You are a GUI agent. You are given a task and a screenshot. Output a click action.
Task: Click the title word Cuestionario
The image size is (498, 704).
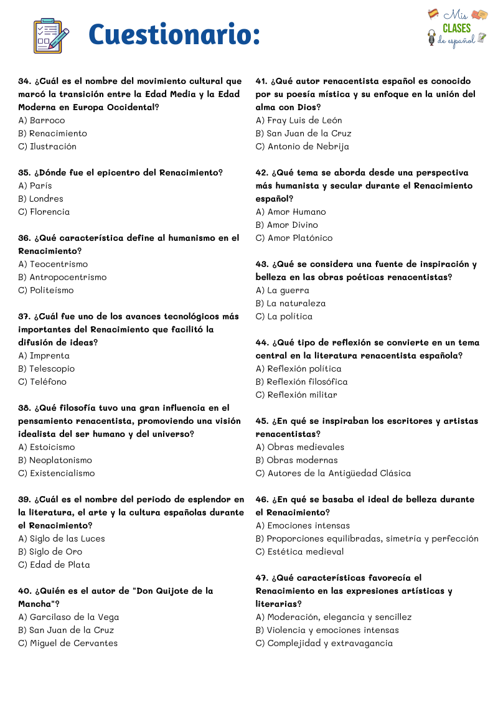[174, 34]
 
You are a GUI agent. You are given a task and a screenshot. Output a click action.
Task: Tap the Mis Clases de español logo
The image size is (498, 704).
[456, 28]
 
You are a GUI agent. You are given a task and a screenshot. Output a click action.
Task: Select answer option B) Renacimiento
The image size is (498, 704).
[53, 133]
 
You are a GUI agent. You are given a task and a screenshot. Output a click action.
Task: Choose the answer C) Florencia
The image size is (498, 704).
[44, 212]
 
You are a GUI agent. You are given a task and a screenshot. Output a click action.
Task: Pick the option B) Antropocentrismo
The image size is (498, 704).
[62, 277]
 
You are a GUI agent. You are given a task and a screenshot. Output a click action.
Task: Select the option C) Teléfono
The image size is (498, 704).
[42, 382]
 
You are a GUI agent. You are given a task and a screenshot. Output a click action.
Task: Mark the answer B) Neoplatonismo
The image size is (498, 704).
[55, 460]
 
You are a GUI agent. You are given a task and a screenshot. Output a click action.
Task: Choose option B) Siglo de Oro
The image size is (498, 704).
[50, 551]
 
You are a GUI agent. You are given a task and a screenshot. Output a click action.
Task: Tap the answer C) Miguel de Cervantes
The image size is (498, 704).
[68, 643]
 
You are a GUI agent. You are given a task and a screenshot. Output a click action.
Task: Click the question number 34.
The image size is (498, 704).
[25, 81]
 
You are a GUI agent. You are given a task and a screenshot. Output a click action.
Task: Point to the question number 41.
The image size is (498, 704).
[261, 81]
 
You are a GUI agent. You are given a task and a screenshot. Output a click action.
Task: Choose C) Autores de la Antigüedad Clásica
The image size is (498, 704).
[333, 473]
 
